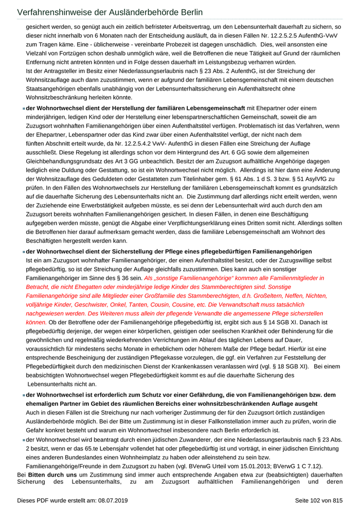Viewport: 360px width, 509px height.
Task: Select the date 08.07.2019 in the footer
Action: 113,500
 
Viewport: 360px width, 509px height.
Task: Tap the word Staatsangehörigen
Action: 52,88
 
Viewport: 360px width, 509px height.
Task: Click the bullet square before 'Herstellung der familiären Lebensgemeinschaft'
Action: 24,108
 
